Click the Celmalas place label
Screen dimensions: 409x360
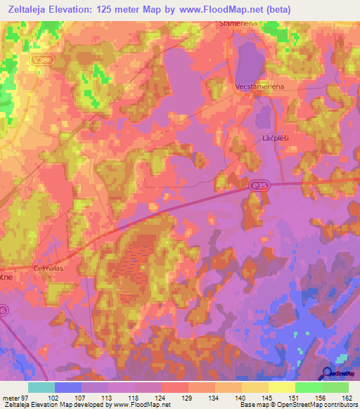click(49, 268)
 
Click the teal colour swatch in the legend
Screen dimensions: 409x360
click(41, 387)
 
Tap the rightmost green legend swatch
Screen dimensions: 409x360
click(335, 387)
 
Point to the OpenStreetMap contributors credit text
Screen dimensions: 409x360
click(316, 405)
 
